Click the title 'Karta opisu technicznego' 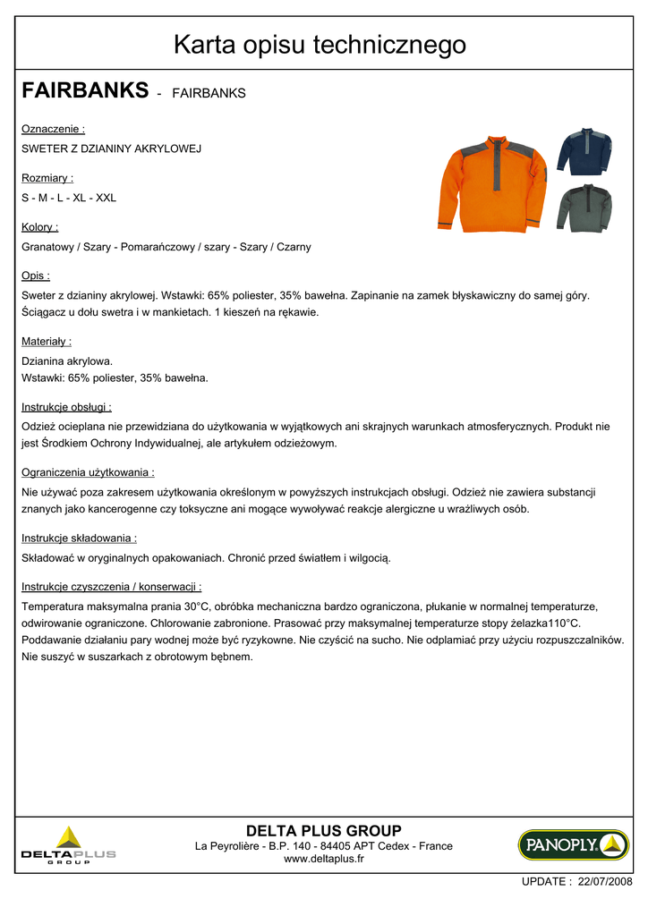[x=320, y=44]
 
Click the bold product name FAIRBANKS [x=84, y=90]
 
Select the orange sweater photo [x=492, y=183]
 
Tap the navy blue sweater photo [x=584, y=151]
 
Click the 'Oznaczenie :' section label [x=53, y=129]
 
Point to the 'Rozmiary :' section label [x=47, y=178]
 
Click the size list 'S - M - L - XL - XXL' [x=69, y=198]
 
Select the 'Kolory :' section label [x=40, y=227]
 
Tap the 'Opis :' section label [x=36, y=276]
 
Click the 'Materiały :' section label [x=47, y=341]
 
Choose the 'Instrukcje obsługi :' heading [x=66, y=407]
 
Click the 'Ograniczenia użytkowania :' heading [x=88, y=472]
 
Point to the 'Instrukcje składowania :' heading [x=79, y=539]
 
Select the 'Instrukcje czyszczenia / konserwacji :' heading [x=111, y=587]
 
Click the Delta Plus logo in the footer [x=68, y=844]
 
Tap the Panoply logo [x=573, y=844]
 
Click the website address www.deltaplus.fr [x=323, y=859]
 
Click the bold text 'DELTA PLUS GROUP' [x=323, y=830]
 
